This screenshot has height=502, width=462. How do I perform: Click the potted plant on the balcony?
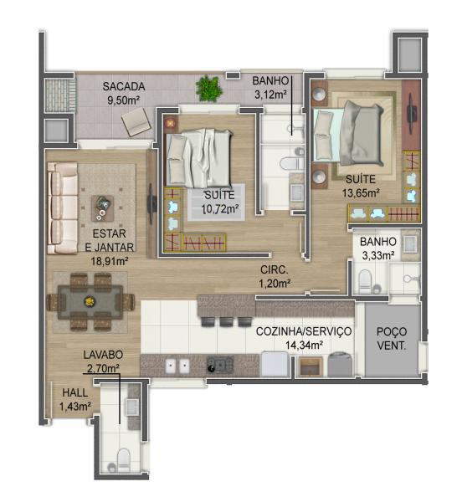[x=209, y=89]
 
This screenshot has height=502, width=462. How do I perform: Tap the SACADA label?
[x=124, y=86]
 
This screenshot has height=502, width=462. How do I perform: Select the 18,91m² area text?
[x=110, y=261]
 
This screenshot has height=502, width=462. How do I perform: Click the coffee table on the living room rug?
[x=102, y=208]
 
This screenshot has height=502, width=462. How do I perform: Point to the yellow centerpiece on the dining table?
[x=89, y=301]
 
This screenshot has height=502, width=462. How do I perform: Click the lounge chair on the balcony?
[x=136, y=121]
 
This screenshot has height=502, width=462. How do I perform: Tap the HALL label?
[x=75, y=392]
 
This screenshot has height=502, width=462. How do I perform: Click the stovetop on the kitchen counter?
[x=220, y=365]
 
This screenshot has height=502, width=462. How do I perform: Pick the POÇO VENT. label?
[x=392, y=338]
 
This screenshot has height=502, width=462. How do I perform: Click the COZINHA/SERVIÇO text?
[x=304, y=331]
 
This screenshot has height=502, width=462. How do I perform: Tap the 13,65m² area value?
[x=361, y=192]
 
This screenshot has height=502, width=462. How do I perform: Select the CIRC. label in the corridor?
[x=275, y=269]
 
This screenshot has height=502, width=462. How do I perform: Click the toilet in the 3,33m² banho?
[x=364, y=280]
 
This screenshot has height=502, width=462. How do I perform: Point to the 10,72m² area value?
[x=220, y=209]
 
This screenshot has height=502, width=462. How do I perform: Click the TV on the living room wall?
[x=151, y=203]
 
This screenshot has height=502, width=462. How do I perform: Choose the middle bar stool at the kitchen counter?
[x=227, y=321]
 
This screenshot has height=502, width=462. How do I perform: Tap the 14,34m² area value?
[x=304, y=345]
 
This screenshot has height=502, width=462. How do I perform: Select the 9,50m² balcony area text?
[x=124, y=100]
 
